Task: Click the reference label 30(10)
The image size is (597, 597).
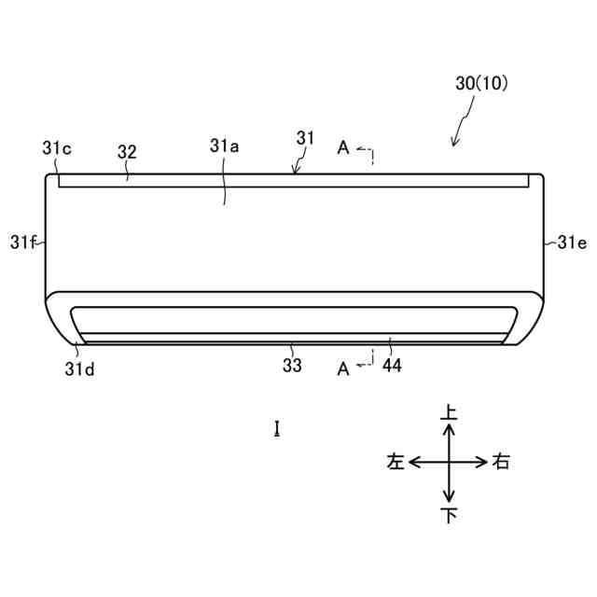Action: (481, 83)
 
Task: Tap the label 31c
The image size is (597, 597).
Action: (56, 148)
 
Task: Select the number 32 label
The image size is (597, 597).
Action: (127, 152)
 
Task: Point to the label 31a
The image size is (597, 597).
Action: (224, 146)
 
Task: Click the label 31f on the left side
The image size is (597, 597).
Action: (22, 242)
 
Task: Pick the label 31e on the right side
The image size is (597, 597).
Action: (572, 243)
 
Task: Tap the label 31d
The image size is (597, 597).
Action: (79, 369)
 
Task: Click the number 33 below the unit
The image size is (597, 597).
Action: (292, 365)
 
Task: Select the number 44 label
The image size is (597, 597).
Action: (392, 366)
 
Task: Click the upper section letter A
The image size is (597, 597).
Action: (343, 147)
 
